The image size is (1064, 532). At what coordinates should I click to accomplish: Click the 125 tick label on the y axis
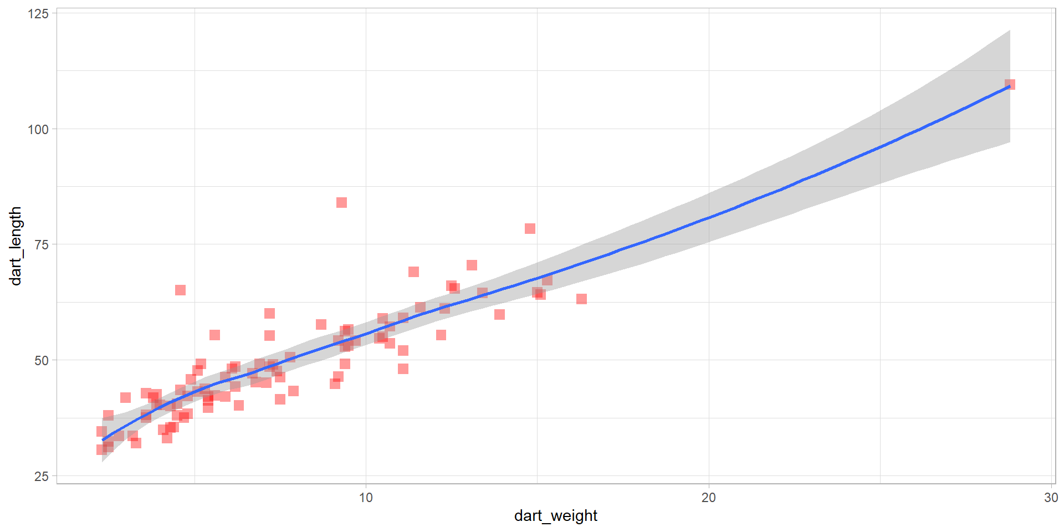[x=38, y=13]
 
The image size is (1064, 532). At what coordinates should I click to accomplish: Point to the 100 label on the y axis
[x=38, y=129]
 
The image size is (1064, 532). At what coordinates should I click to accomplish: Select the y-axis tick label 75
[x=42, y=244]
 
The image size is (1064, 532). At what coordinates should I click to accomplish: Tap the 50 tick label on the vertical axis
[x=42, y=360]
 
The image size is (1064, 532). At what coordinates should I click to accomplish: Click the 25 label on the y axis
[x=42, y=476]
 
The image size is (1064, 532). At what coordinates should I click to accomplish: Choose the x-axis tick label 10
[x=366, y=498]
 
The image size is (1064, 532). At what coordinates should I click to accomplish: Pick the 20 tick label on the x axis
[x=709, y=498]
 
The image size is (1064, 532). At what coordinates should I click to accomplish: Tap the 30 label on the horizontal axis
[x=1051, y=498]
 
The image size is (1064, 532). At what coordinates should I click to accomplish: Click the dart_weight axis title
[x=555, y=516]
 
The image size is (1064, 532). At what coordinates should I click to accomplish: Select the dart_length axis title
[x=16, y=246]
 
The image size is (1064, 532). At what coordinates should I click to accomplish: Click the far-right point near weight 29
[x=1010, y=85]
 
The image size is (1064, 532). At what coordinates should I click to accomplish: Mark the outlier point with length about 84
[x=341, y=203]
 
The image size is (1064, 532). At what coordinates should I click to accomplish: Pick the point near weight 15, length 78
[x=530, y=229]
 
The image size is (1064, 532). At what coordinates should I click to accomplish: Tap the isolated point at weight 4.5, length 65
[x=180, y=290]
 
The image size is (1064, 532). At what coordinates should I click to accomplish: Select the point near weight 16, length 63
[x=581, y=299]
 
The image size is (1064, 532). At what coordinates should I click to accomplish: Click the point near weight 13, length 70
[x=472, y=265]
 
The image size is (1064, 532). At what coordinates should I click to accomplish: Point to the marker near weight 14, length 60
[x=499, y=315]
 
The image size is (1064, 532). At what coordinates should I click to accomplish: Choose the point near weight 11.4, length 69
[x=413, y=272]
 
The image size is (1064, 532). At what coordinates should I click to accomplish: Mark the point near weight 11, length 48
[x=403, y=369]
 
